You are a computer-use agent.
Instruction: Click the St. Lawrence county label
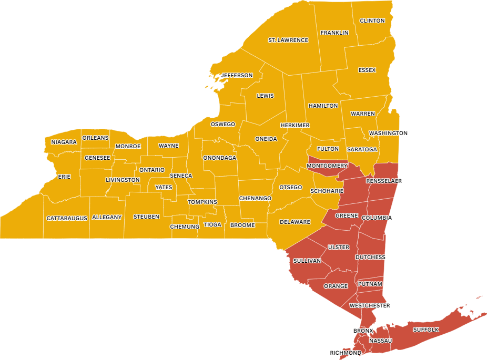pos(288,40)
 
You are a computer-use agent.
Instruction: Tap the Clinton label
pos(372,20)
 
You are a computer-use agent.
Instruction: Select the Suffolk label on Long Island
pos(425,330)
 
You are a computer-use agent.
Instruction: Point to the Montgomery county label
pos(327,166)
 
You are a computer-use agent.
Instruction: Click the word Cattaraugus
pos(67,218)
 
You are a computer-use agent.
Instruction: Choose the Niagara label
pos(64,142)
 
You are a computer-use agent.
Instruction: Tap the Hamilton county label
pos(323,106)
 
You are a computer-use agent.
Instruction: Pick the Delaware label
pos(295,222)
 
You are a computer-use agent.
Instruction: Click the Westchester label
pos(370,305)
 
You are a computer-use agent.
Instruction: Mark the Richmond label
pos(346,353)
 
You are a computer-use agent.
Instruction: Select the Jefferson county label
pos(237,75)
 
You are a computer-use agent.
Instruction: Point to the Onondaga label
pos(220,158)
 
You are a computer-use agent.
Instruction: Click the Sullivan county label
pos(307,261)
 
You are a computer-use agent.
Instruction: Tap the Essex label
pos(367,70)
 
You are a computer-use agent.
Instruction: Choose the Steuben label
pos(146,217)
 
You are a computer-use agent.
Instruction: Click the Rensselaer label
pos(384,181)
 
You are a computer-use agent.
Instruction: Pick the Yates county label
pos(164,187)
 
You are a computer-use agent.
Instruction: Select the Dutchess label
pos(370,257)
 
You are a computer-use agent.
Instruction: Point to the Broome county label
pos(242,225)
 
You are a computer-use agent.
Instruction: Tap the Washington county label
pos(388,133)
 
